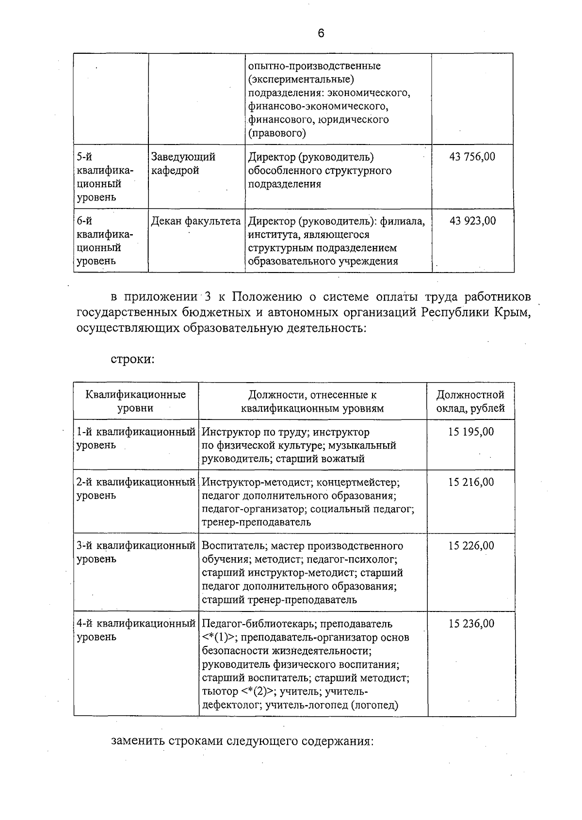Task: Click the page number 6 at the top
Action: (321, 33)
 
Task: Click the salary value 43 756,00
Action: (472, 157)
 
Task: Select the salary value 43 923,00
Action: (472, 221)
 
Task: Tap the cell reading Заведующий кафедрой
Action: (183, 164)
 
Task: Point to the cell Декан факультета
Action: (196, 221)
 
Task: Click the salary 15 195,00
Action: (471, 432)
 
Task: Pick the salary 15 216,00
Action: (471, 482)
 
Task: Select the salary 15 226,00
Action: (471, 546)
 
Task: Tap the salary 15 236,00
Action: (471, 623)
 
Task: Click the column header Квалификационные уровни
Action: (136, 401)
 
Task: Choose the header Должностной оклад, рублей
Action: (470, 401)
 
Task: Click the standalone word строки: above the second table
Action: (133, 360)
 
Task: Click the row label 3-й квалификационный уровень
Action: (136, 552)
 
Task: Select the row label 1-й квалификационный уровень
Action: (136, 438)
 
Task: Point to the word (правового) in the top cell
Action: (277, 133)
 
